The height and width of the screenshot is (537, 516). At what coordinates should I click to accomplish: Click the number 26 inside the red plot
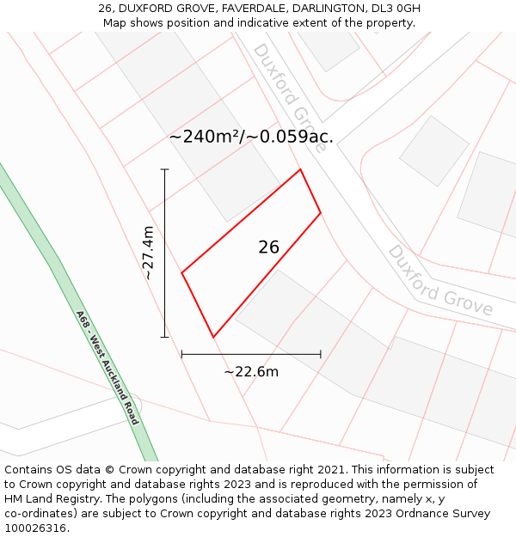pos(268,247)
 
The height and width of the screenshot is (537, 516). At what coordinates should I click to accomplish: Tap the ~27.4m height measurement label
pos(148,253)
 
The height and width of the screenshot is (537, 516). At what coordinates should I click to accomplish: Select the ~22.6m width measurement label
pos(251,372)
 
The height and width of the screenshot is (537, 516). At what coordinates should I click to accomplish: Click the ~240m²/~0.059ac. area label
pos(251,137)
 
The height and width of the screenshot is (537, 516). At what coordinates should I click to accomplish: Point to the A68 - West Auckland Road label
pos(107,368)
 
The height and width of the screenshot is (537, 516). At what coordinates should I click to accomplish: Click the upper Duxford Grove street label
pos(289,97)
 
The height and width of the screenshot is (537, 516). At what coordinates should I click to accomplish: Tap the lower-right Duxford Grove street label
pos(440,280)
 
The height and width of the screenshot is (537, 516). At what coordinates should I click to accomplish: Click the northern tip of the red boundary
pos(300,169)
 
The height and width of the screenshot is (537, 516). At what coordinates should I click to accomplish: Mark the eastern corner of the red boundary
pos(321,213)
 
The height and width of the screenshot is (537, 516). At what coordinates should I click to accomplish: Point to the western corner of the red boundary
pos(181,273)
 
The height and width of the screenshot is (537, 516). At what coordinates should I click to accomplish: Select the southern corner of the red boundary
pos(212,337)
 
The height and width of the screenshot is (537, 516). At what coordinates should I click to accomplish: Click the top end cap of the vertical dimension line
pos(164,169)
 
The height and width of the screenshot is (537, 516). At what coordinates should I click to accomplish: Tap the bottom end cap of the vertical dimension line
pos(164,337)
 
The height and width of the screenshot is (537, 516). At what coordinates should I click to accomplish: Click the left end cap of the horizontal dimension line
pos(181,353)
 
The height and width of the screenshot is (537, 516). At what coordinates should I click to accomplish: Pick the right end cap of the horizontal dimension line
pos(321,353)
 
